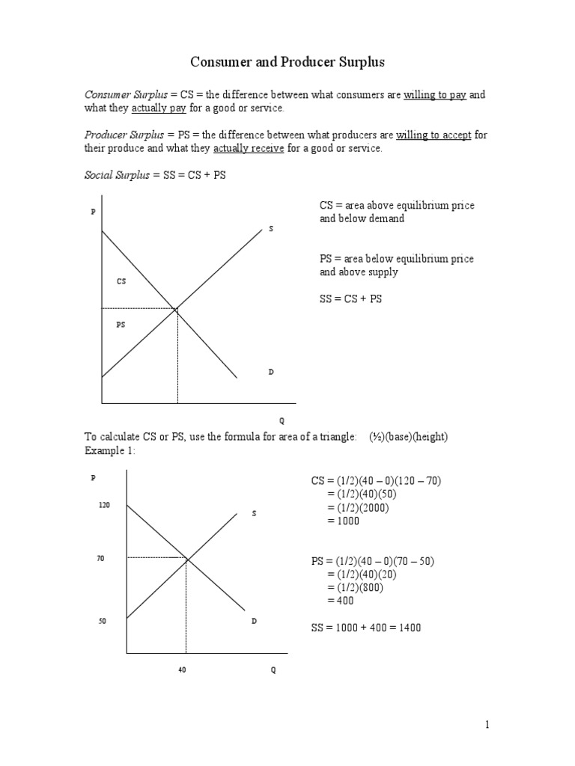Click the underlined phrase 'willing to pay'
436,95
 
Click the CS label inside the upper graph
121,281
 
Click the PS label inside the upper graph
121,325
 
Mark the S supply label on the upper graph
271,228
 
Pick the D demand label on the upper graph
271,372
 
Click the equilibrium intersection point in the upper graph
177,308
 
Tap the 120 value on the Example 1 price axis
104,506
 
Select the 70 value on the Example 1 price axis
100,558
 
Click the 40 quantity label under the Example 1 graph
182,670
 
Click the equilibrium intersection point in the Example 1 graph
186,557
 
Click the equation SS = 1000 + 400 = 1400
366,628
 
